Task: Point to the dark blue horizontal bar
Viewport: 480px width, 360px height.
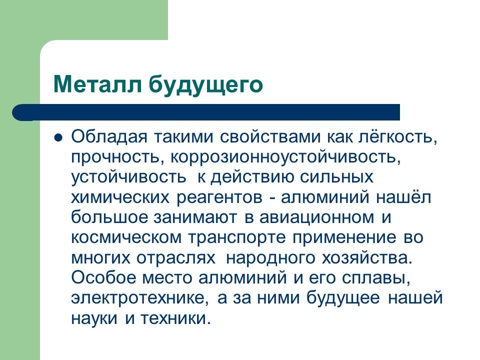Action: [210, 112]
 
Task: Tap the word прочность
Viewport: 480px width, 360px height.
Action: [113, 157]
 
